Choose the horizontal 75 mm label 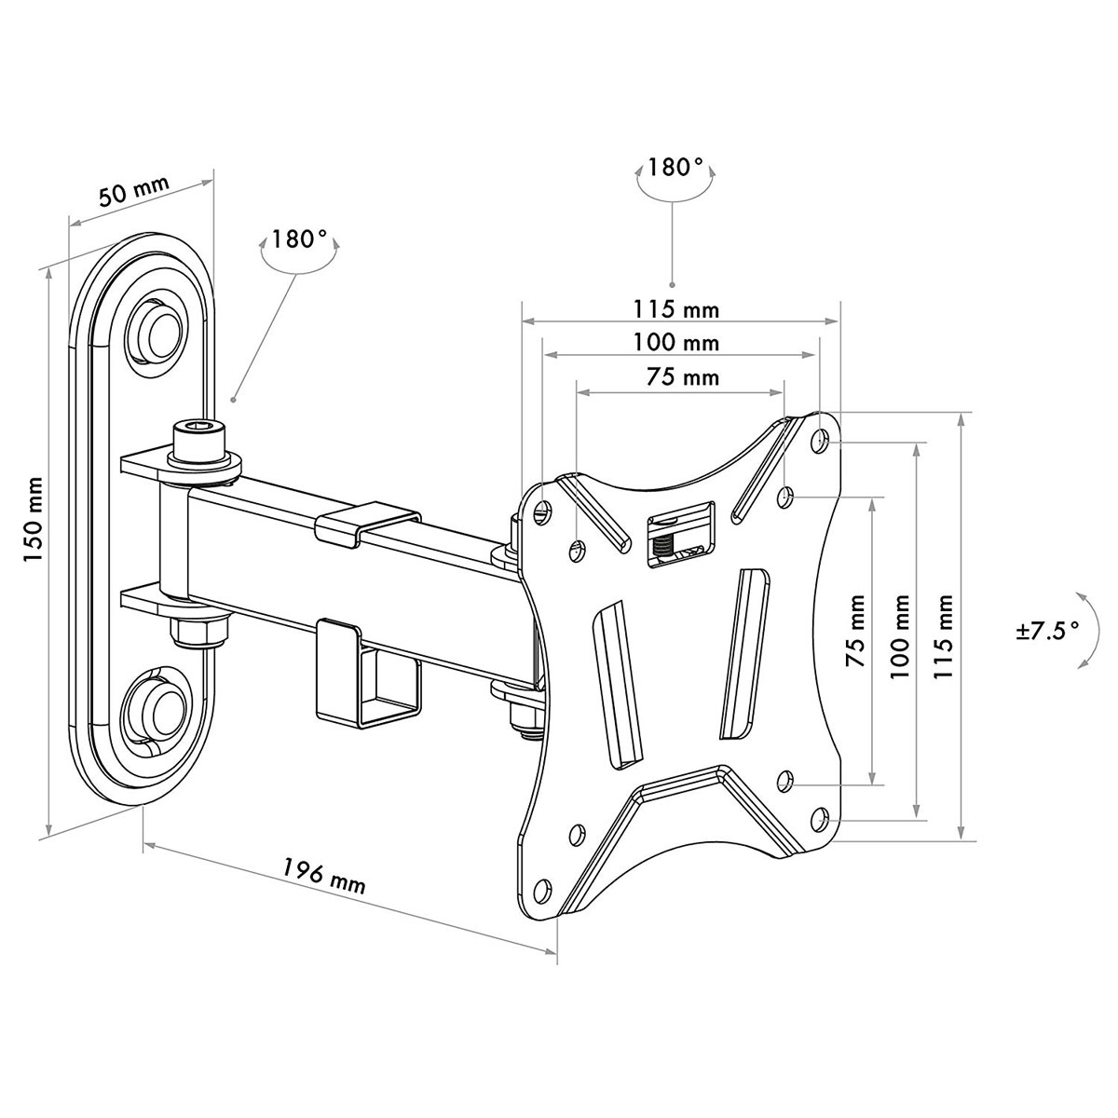(x=683, y=377)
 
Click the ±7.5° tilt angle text (x=1046, y=630)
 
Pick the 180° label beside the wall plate (x=299, y=239)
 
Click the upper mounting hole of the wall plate (x=159, y=329)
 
